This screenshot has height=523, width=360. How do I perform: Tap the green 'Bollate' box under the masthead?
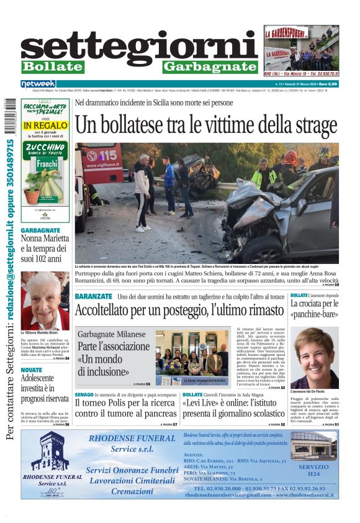pyautogui.click(x=52, y=66)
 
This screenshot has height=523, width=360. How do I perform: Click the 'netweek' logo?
pyautogui.click(x=38, y=84)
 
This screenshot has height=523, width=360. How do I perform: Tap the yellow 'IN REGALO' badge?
pyautogui.click(x=45, y=125)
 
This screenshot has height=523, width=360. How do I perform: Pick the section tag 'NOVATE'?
pyautogui.click(x=32, y=370)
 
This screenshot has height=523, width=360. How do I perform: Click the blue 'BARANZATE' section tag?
pyautogui.click(x=93, y=296)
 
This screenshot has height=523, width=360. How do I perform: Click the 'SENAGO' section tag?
pyautogui.click(x=84, y=394)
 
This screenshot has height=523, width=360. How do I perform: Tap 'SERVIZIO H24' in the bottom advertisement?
pyautogui.click(x=313, y=469)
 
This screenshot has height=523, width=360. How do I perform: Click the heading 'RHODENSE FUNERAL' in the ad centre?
pyautogui.click(x=132, y=437)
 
